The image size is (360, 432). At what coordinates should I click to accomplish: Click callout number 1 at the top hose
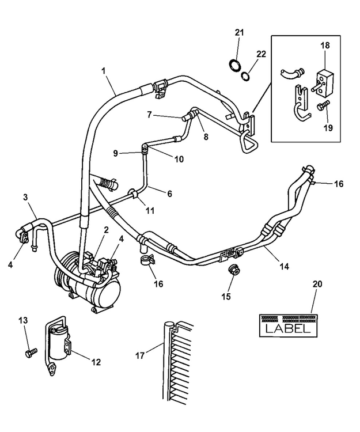click(x=104, y=70)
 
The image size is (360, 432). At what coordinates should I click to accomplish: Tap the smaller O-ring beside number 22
click(x=246, y=75)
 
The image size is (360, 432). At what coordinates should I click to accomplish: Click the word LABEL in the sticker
click(x=287, y=328)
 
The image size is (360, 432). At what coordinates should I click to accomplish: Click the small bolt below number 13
click(x=31, y=351)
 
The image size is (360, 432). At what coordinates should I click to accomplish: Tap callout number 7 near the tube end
click(x=149, y=115)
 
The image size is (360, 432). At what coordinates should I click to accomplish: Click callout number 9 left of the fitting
click(x=115, y=153)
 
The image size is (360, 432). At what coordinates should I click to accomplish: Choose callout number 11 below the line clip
click(x=150, y=211)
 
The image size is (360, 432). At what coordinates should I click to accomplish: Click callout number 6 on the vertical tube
click(x=169, y=194)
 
